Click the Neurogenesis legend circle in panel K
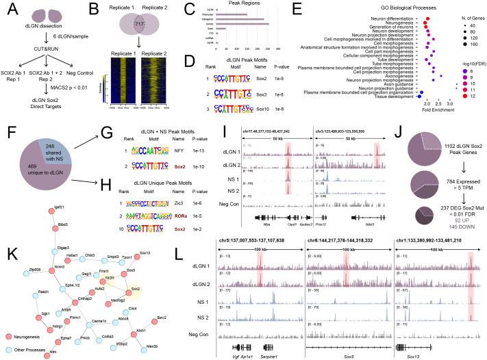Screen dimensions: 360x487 pyautogui.click(x=9, y=336)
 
